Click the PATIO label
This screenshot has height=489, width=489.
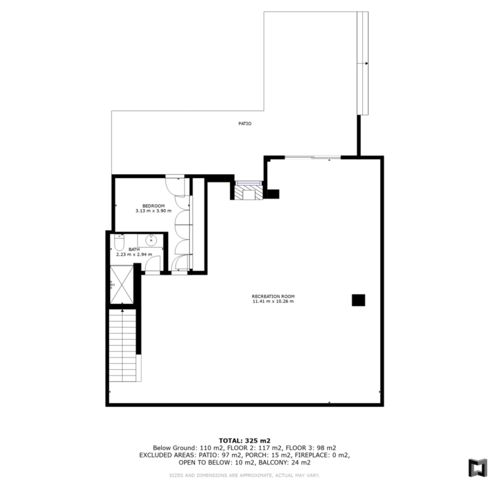pyautogui.click(x=244, y=124)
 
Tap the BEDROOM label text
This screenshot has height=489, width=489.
pyautogui.click(x=154, y=206)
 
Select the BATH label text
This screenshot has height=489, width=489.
pyautogui.click(x=134, y=250)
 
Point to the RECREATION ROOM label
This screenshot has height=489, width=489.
pyautogui.click(x=273, y=297)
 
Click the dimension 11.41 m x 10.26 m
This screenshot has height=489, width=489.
pyautogui.click(x=273, y=302)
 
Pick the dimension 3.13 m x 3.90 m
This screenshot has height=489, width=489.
pyautogui.click(x=154, y=211)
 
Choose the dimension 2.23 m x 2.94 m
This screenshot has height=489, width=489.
pyautogui.click(x=134, y=255)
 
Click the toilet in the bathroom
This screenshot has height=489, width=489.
pyautogui.click(x=119, y=243)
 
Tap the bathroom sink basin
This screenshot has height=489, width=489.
pyautogui.click(x=151, y=241)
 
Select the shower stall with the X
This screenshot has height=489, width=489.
pyautogui.click(x=122, y=285)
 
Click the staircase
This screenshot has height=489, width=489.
pyautogui.click(x=122, y=345)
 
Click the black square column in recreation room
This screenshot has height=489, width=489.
pyautogui.click(x=359, y=300)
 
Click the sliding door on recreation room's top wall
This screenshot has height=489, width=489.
pyautogui.click(x=313, y=157)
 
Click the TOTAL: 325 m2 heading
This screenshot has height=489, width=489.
pyautogui.click(x=244, y=441)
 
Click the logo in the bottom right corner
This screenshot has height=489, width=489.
pyautogui.click(x=477, y=468)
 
